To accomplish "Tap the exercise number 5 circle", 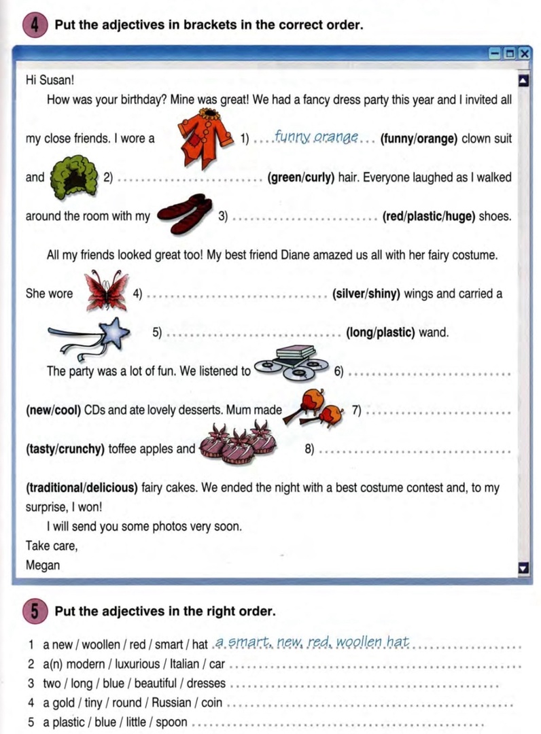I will tap(35, 610).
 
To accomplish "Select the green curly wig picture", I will tap(72, 177).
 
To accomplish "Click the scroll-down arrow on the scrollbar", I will tap(523, 565).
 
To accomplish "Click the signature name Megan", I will tap(43, 564).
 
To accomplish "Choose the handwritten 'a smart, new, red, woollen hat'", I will tap(312, 642).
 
